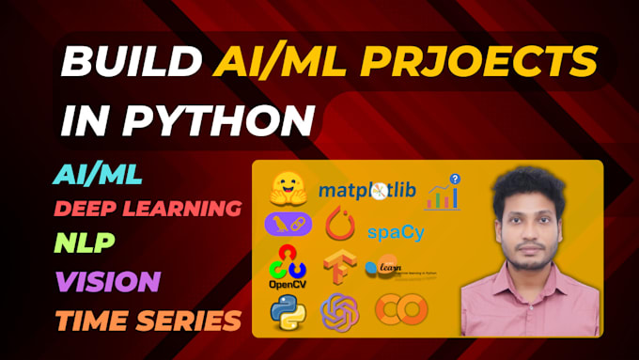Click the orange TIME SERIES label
click(x=148, y=320)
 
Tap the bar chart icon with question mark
click(x=443, y=193)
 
